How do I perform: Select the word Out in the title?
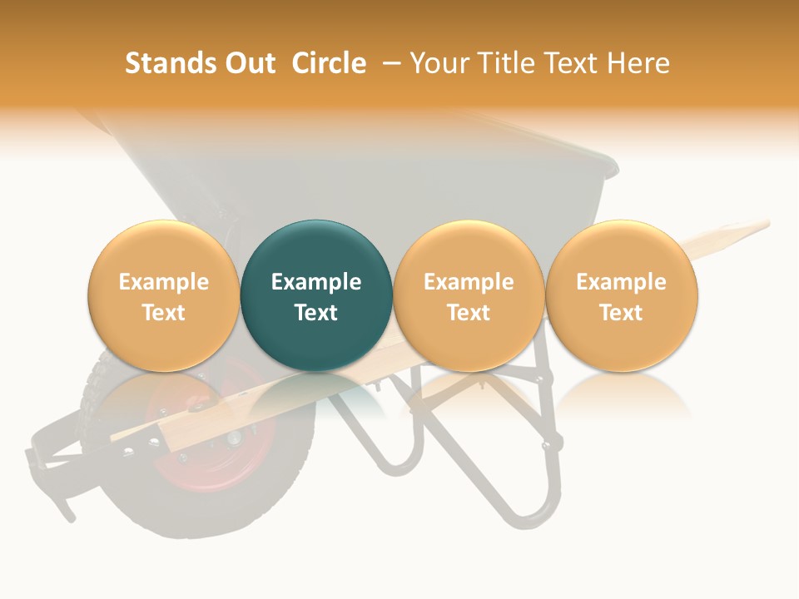(x=249, y=63)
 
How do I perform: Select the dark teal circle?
(x=316, y=295)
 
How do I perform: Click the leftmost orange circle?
(x=164, y=295)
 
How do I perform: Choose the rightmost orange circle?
(x=622, y=295)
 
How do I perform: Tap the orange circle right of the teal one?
(x=469, y=295)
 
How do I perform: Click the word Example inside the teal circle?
(x=316, y=282)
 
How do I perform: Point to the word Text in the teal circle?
(x=316, y=313)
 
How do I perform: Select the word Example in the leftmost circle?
(x=164, y=282)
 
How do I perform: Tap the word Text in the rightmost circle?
(x=622, y=313)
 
